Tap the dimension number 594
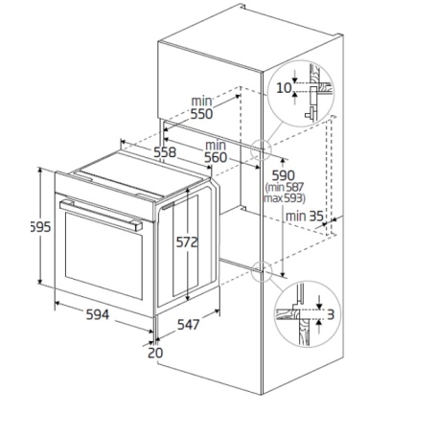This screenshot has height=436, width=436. tap(95, 314)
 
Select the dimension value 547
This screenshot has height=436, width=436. tap(187, 325)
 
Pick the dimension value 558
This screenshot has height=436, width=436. tap(164, 151)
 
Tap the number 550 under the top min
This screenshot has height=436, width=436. tap(200, 114)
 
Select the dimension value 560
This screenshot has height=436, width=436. tap(214, 157)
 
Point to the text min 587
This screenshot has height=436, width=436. tap(285, 189)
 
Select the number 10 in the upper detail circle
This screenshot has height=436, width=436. tap(283, 88)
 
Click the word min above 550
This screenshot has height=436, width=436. tap(200, 100)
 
